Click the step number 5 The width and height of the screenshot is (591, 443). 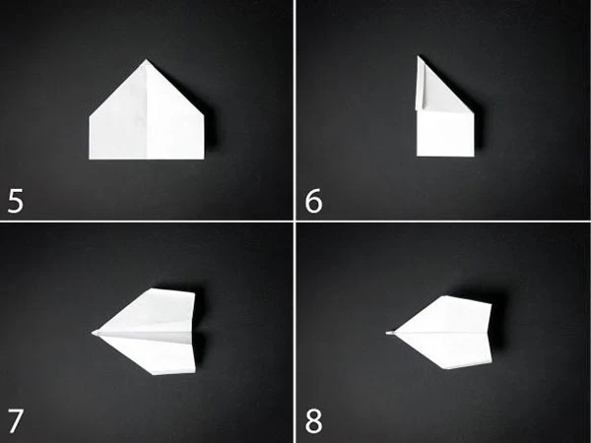(x=16, y=202)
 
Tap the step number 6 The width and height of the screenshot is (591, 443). (x=313, y=202)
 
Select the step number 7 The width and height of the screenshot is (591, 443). (x=16, y=421)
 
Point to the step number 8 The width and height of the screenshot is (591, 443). (x=313, y=421)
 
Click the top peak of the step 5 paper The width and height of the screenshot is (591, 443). (x=146, y=59)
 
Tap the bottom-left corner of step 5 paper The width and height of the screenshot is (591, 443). (x=90, y=158)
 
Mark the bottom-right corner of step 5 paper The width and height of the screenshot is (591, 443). (x=204, y=158)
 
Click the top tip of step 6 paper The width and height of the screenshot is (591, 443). (x=418, y=56)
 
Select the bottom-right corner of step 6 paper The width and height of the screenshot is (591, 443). (x=474, y=156)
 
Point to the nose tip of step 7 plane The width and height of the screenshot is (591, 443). (x=92, y=333)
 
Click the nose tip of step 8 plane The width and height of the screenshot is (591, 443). (x=387, y=333)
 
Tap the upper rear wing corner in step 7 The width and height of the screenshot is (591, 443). (x=194, y=292)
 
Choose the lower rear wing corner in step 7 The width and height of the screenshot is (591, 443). (x=195, y=372)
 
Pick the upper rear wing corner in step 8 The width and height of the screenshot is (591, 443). (x=492, y=303)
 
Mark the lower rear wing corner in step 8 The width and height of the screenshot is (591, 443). (x=492, y=362)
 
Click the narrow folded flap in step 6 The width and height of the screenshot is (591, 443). (x=420, y=85)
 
